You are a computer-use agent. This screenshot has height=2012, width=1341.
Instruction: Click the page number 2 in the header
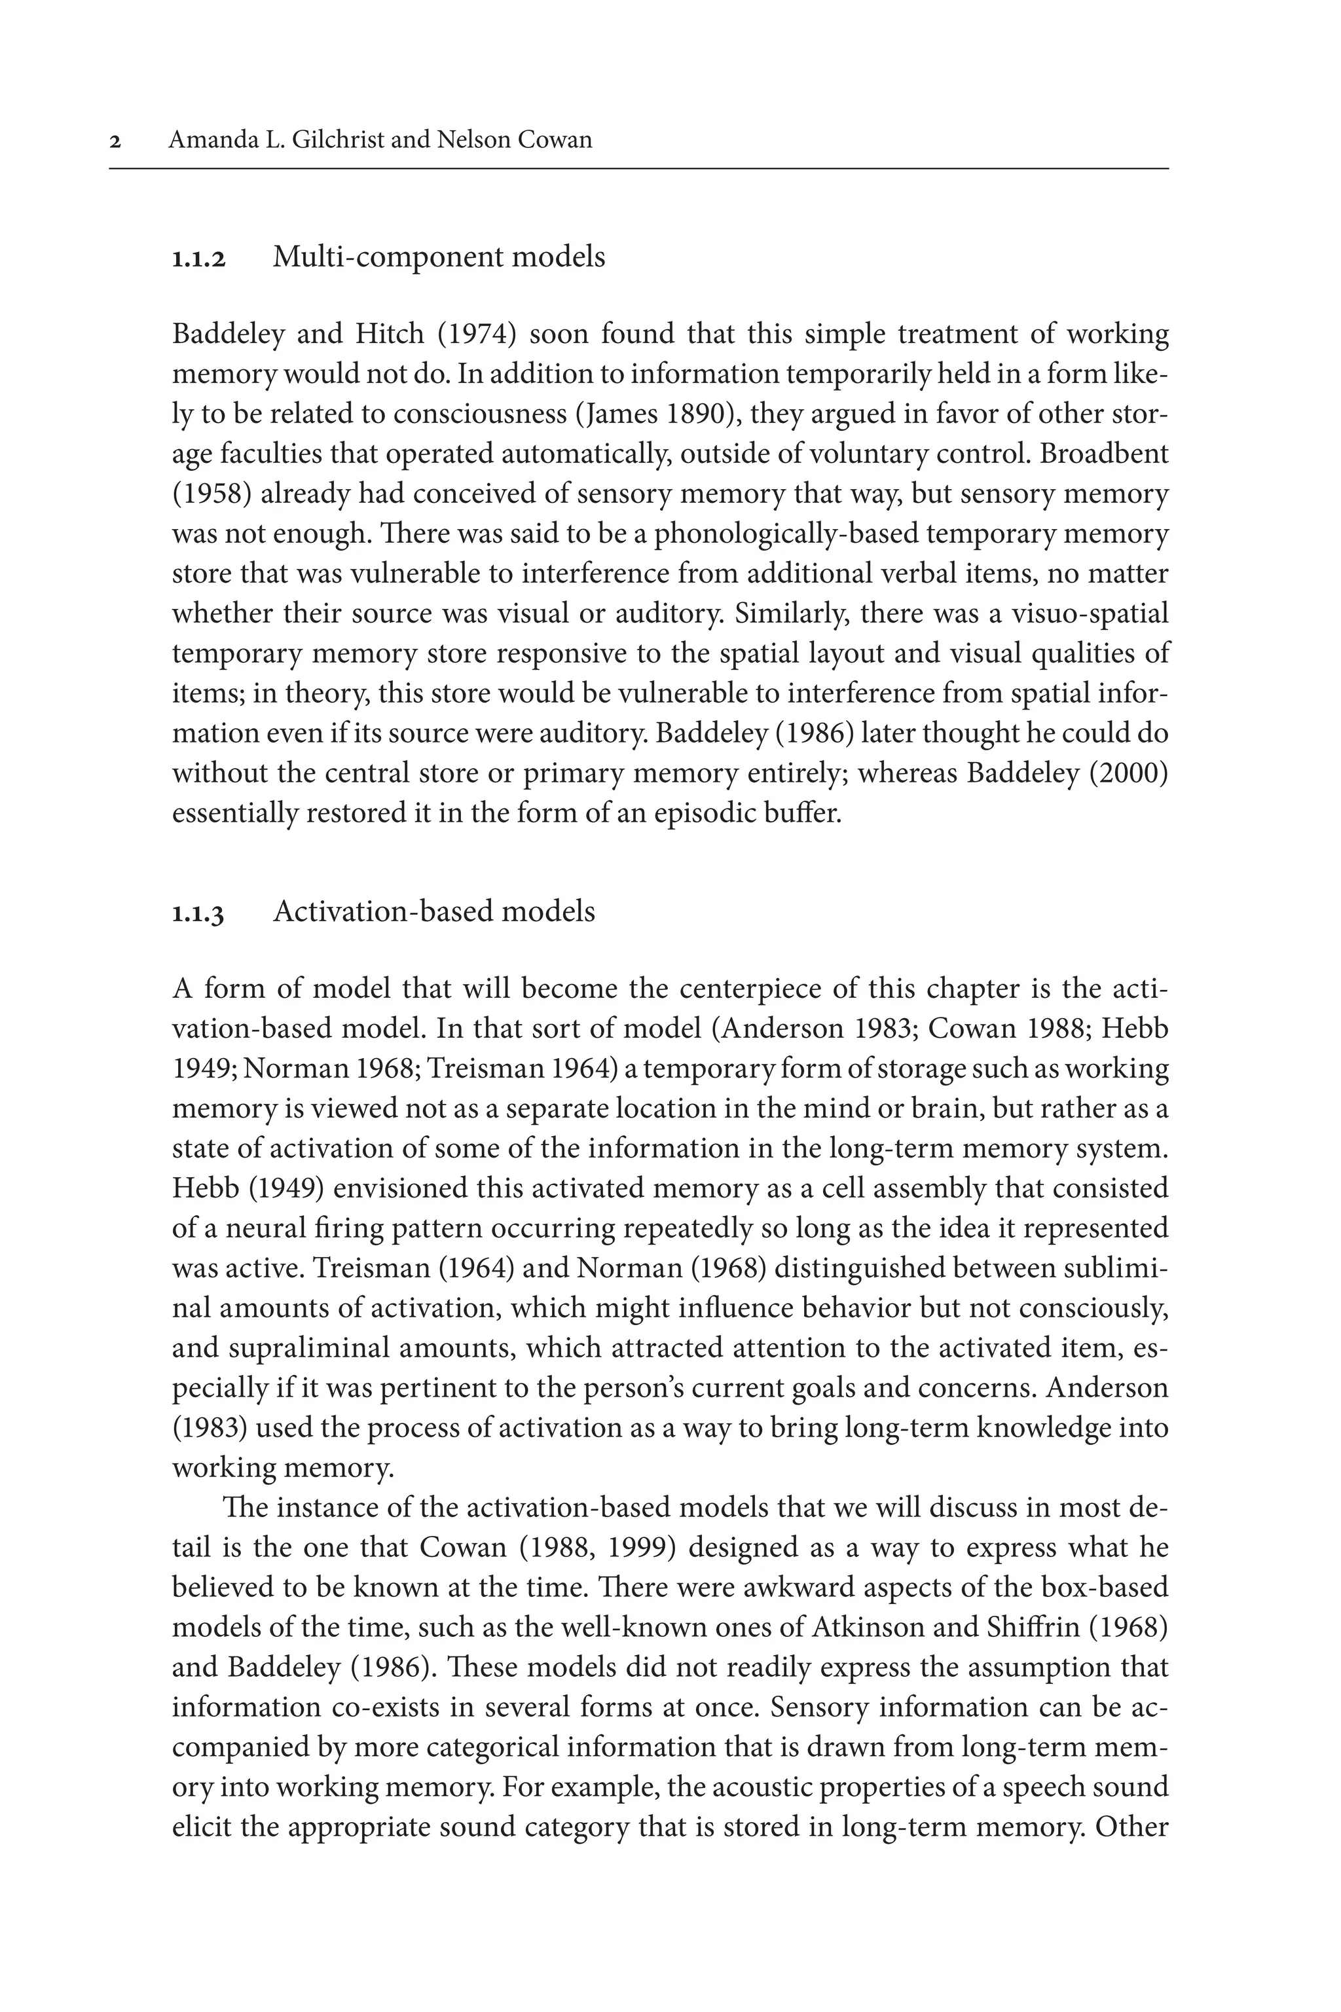pos(115,141)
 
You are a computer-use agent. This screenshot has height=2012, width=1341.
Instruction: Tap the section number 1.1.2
pos(198,258)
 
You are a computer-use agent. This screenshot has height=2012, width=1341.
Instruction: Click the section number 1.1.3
pos(198,913)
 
